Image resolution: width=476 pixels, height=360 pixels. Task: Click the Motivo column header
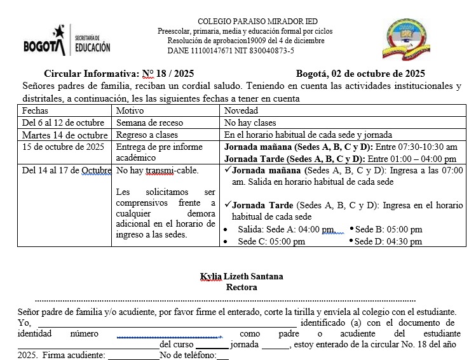coord(130,110)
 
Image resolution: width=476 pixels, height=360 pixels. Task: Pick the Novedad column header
coord(241,110)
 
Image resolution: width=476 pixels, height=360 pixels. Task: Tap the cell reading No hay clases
coord(250,123)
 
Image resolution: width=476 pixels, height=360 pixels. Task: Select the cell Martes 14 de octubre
coord(65,135)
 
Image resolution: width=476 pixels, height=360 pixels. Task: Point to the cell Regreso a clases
coord(147,135)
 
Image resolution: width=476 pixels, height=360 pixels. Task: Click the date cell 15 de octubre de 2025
coord(63,147)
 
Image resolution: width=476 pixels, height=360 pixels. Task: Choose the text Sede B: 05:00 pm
coord(388,229)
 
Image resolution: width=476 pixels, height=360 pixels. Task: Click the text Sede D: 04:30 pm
coord(388,241)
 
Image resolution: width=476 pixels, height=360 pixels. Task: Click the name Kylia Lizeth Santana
coord(241,276)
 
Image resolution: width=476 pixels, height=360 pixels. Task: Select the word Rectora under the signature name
coord(241,287)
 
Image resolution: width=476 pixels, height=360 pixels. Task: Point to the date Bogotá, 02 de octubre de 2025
coord(360,74)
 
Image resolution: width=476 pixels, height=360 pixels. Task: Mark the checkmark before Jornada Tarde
coord(228,205)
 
